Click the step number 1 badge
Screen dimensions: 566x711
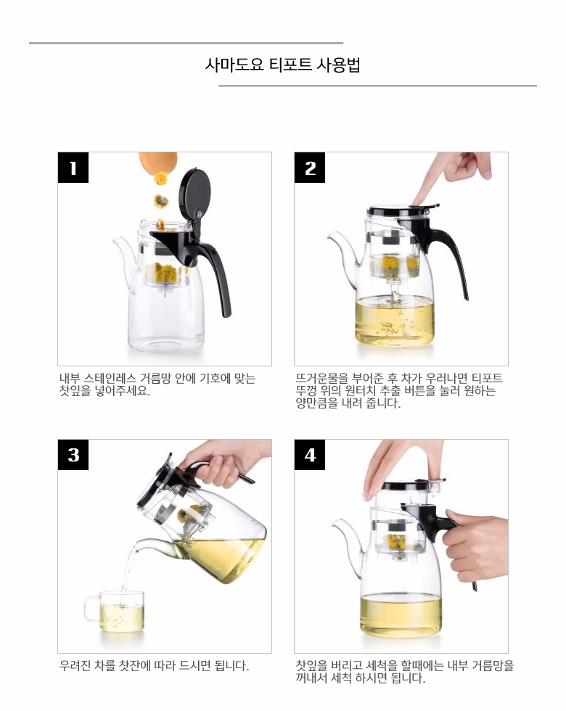[73, 168]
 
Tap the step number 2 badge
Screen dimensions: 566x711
[310, 168]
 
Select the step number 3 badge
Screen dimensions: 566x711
[73, 455]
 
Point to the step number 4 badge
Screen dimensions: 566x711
[310, 455]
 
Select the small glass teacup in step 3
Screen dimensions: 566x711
[115, 612]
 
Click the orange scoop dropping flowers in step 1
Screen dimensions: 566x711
[158, 164]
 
